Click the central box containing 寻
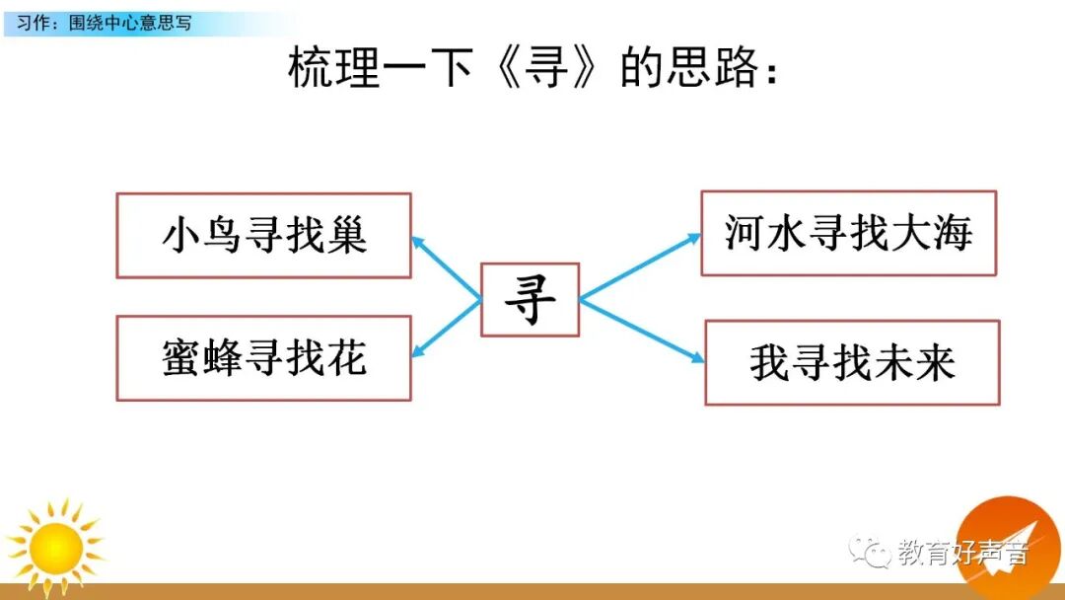click(530, 299)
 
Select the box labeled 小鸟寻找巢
click(263, 235)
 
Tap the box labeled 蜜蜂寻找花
click(263, 357)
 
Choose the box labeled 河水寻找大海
click(848, 233)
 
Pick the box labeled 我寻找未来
click(852, 362)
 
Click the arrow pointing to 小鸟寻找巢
click(446, 266)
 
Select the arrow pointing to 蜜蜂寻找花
click(446, 328)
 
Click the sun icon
click(55, 546)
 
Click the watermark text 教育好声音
click(961, 553)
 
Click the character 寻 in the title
click(548, 69)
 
